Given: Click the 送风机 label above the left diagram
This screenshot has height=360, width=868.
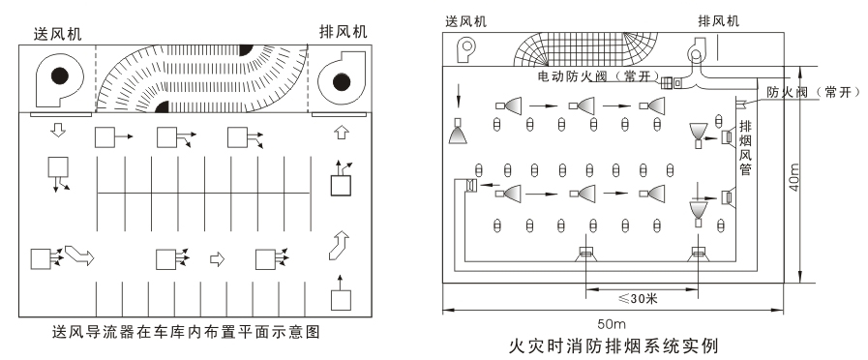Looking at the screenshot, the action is point(57,34).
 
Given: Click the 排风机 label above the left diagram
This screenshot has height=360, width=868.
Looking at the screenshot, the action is point(344,32).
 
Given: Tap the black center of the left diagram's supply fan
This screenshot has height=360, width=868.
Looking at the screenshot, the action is point(60,75).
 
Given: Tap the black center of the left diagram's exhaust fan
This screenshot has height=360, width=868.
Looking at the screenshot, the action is point(342,82).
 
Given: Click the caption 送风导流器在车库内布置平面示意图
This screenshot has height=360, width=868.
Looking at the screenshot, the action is point(186,332).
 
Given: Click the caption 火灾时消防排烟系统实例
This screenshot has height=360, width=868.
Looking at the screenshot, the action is point(614,346).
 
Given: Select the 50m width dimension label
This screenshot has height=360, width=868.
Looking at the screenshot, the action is point(612,324).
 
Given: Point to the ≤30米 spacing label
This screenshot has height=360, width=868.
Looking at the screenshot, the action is point(637,299).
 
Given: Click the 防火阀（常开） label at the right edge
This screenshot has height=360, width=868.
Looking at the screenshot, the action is point(813,92).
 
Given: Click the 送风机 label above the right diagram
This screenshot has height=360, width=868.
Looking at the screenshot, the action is point(466,21).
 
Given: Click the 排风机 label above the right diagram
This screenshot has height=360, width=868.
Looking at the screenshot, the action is point(719,21).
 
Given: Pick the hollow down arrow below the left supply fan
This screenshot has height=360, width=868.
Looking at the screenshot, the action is point(57,130).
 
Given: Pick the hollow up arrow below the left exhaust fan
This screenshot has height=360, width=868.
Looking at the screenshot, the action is point(342,132).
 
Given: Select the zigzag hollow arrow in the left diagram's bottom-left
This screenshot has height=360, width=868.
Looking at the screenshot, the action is point(79,255).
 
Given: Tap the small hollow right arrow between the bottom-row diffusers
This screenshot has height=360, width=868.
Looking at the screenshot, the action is point(217,259).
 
